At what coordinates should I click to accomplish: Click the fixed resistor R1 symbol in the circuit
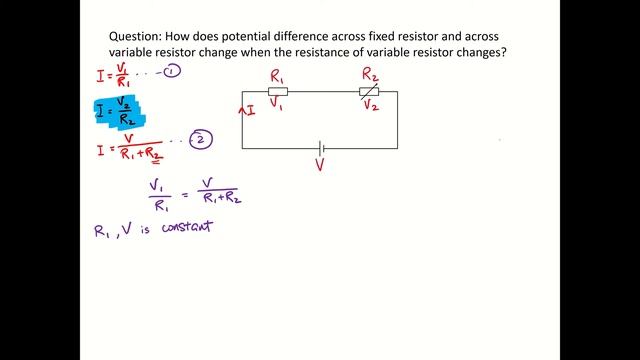[278, 91]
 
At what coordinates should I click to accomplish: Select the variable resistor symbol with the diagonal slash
[369, 92]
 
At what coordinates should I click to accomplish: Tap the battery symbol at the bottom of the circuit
[320, 148]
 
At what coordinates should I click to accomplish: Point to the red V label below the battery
[320, 164]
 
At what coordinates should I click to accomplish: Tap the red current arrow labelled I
[246, 110]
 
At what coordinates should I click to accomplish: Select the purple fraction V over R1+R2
[221, 189]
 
